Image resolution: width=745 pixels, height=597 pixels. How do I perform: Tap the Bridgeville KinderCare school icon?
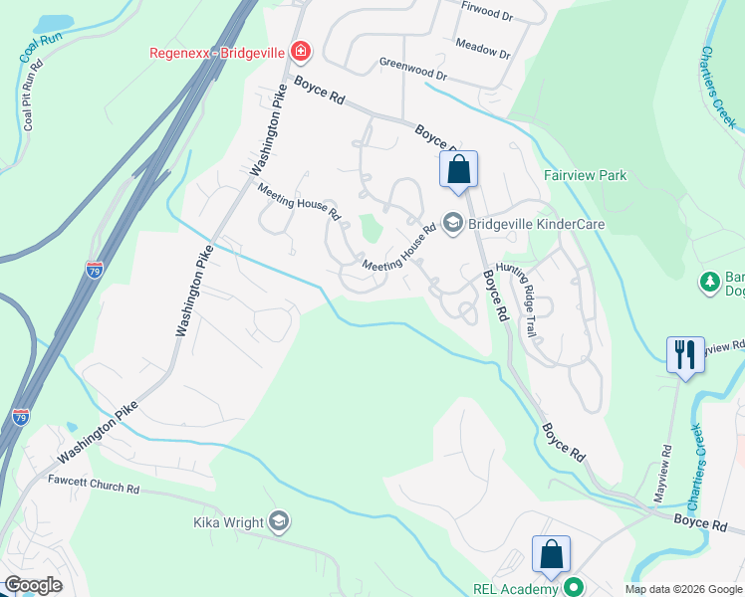(x=453, y=224)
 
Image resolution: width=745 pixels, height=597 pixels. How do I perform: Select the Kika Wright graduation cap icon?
(x=279, y=521)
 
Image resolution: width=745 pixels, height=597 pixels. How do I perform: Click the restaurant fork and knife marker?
(x=684, y=354)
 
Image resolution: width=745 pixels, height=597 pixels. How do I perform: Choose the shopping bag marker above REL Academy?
(x=551, y=554)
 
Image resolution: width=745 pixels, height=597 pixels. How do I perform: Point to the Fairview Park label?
(x=585, y=175)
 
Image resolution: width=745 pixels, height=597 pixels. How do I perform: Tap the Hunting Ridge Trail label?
(x=518, y=298)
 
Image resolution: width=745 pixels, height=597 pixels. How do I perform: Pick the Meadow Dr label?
(x=482, y=47)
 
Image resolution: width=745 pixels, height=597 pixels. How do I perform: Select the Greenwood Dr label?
(x=413, y=69)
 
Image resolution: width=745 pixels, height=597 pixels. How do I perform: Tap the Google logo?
(x=32, y=585)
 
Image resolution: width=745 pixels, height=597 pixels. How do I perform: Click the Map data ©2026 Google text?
(x=683, y=589)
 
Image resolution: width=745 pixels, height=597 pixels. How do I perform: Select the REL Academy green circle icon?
(x=573, y=588)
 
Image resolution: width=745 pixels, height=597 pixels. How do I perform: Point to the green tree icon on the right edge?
(x=710, y=283)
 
